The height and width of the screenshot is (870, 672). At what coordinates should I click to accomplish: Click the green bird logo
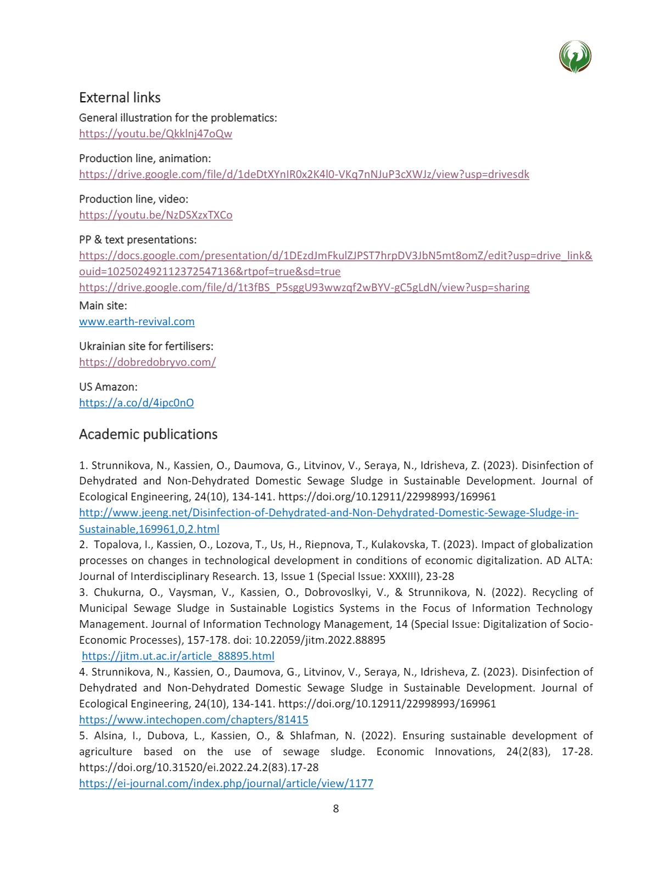coord(575,57)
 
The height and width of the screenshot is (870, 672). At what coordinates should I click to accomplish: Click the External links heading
coord(120,98)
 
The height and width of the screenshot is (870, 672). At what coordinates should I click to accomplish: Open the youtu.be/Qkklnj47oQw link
coord(155,133)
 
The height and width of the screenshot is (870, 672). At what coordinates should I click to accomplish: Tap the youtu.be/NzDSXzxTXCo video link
coord(155,215)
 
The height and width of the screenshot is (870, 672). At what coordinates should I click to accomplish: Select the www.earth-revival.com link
coord(137,321)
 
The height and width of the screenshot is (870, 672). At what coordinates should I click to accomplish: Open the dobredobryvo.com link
coord(147,362)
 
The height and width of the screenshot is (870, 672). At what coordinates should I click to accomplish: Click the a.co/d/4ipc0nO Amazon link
coord(136,403)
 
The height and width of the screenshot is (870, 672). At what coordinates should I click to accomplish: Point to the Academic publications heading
coord(148,434)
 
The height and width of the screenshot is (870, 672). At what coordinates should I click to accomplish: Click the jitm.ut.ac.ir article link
coord(178,656)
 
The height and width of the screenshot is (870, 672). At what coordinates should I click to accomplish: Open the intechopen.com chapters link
coord(193,720)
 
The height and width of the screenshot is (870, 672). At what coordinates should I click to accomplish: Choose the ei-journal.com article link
coord(226,783)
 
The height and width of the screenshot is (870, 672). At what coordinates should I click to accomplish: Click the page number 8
coord(336,808)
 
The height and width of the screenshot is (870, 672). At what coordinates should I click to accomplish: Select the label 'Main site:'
coord(103,305)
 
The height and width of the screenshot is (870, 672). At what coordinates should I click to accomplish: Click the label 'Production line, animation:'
coord(145,158)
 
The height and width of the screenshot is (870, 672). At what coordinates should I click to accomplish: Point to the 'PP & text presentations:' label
coord(138,239)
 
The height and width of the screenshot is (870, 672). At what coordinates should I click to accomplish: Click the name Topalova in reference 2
coord(116,544)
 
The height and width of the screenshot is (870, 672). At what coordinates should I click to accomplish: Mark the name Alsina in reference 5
coord(109,735)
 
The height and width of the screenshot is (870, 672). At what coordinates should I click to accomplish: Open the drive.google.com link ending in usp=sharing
coord(304,287)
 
